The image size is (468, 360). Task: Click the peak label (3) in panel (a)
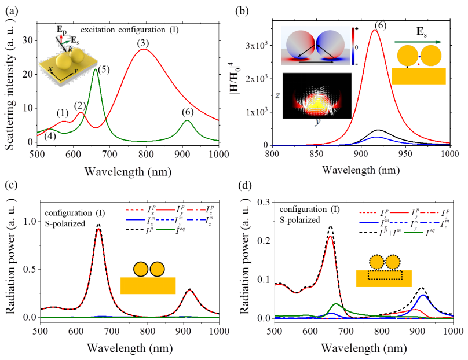(x=143, y=43)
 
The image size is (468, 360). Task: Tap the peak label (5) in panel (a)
(x=104, y=69)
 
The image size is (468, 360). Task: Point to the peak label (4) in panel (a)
(x=51, y=136)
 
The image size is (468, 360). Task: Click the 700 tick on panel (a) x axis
(x=109, y=154)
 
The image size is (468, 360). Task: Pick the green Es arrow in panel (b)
(x=418, y=42)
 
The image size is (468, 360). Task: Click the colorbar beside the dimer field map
(x=353, y=46)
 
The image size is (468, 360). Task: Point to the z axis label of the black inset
(x=277, y=95)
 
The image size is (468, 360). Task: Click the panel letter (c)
(x=12, y=185)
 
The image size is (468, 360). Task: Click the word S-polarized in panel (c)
(x=65, y=223)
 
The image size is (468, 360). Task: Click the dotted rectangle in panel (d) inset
(x=385, y=275)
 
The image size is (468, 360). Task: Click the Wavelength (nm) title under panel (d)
(x=364, y=348)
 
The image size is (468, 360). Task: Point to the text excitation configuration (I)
(x=130, y=30)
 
